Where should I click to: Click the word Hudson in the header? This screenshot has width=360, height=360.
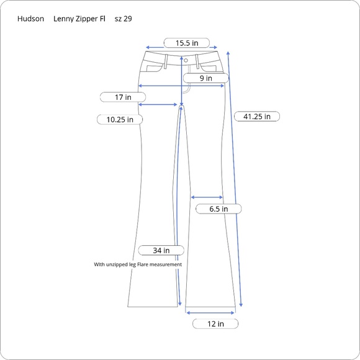pyautogui.click(x=30, y=19)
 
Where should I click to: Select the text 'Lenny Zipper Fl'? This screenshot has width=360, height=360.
pyautogui.click(x=79, y=19)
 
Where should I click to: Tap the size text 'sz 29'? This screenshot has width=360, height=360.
pyautogui.click(x=123, y=19)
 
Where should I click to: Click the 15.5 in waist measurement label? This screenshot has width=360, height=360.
pyautogui.click(x=186, y=43)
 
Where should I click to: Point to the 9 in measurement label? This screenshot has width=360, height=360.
pyautogui.click(x=205, y=78)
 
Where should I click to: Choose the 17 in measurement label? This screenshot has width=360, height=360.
pyautogui.click(x=124, y=97)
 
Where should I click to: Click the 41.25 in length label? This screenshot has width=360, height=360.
pyautogui.click(x=257, y=116)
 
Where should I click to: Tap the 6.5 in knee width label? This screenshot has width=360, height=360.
pyautogui.click(x=218, y=209)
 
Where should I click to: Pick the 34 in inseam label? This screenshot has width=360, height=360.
pyautogui.click(x=161, y=250)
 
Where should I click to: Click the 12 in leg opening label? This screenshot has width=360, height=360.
pyautogui.click(x=215, y=323)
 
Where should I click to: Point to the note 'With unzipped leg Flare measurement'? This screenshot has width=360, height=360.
pyautogui.click(x=138, y=264)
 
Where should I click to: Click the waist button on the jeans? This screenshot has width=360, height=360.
pyautogui.click(x=185, y=60)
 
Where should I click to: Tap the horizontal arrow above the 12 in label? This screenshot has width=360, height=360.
pyautogui.click(x=210, y=313)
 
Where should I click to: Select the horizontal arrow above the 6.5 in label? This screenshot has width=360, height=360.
pyautogui.click(x=207, y=197)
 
